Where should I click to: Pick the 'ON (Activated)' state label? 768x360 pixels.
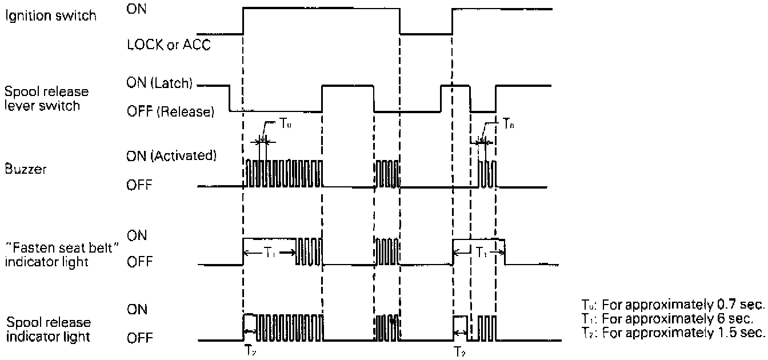pos(171,155)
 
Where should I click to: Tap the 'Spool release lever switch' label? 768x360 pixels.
pos(42,98)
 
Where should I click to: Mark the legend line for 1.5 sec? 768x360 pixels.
pos(673,332)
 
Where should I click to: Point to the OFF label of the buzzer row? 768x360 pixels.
pos(139,186)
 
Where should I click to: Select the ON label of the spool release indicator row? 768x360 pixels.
pos(137,310)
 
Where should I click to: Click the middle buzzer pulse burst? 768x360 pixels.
pos(386,174)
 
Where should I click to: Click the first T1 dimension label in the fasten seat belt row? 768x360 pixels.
pos(269,251)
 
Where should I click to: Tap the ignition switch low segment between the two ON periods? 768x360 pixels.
pos(426,34)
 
